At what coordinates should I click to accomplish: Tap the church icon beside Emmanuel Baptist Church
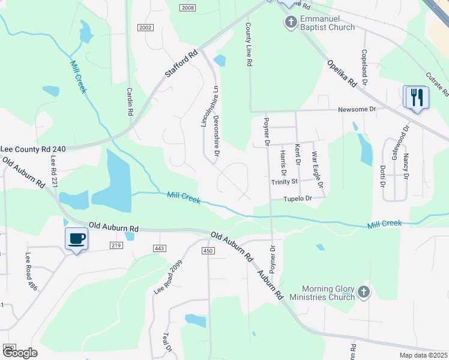click(291, 23)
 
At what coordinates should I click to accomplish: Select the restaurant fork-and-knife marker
click(416, 97)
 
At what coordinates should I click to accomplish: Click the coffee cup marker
click(76, 239)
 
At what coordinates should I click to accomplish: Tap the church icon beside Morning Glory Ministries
click(363, 293)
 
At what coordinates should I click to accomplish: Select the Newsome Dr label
click(357, 109)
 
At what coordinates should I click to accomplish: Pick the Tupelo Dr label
click(300, 198)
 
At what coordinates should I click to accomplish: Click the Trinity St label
click(285, 181)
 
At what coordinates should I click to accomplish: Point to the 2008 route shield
click(187, 7)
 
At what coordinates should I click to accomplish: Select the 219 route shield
click(116, 245)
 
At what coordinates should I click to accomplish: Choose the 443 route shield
click(159, 248)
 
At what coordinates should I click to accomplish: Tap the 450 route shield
click(208, 250)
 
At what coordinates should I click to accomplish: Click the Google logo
click(20, 353)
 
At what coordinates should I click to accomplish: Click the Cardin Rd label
click(129, 102)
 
